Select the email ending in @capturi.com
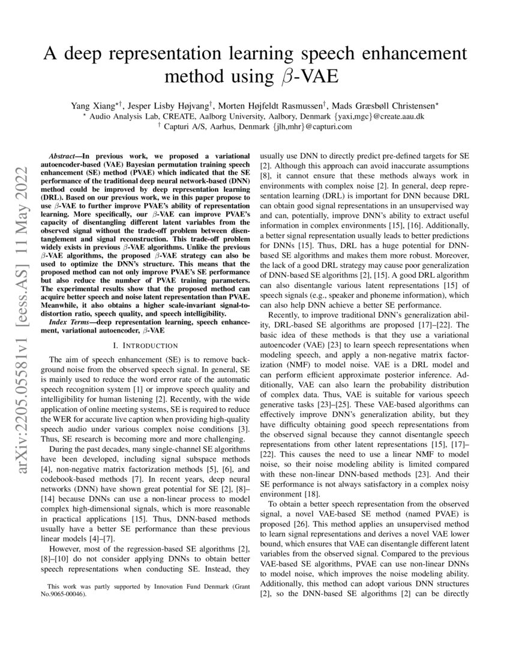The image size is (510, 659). tap(311, 126)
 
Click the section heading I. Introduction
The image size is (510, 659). tap(146, 346)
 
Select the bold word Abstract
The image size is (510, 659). tap(64, 154)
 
